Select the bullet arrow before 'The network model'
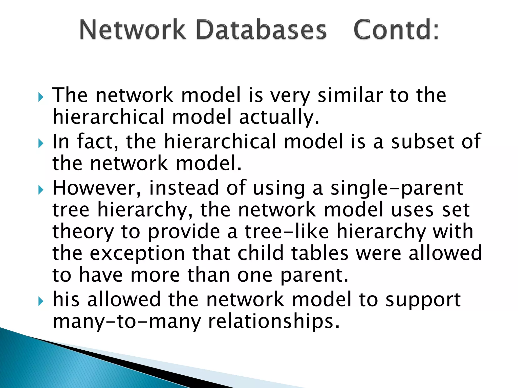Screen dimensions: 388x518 41,97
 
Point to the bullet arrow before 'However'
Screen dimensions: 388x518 41,190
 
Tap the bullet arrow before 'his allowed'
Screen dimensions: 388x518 41,301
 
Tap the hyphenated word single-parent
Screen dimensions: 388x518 397,189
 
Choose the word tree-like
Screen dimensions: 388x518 287,232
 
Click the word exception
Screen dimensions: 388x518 137,254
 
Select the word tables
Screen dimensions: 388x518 320,253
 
